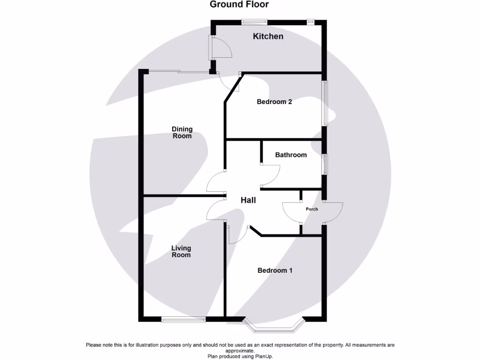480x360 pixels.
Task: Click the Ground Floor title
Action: pos(239,5)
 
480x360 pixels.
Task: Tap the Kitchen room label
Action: pos(268,36)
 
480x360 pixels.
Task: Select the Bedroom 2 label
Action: pos(274,102)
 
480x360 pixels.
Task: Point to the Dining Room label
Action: pos(182,133)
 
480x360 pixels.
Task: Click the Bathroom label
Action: pos(291,155)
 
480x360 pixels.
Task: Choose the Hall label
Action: pos(248,200)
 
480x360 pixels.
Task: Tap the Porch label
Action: pos(312,209)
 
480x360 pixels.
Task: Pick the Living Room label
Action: pos(181,252)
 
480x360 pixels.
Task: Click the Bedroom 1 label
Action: pos(275,270)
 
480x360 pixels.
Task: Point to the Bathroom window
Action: pos(324,164)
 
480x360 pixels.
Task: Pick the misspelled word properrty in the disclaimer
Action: pos(329,345)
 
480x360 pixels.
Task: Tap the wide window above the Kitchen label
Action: pos(255,21)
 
